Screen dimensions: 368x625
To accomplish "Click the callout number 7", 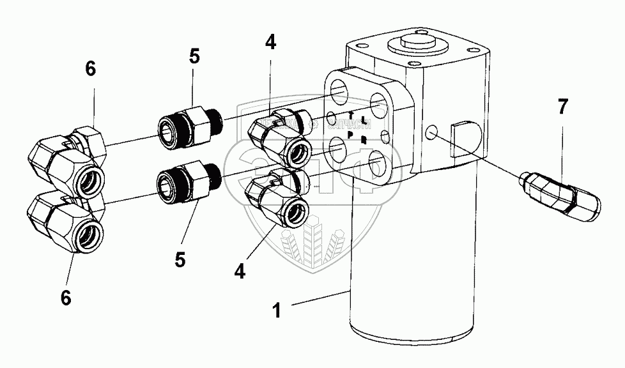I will coord(562,107).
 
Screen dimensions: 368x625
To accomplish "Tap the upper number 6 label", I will coord(91,70).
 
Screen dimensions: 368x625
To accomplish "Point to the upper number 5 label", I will coord(194,56).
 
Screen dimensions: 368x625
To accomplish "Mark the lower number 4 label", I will coord(239,272).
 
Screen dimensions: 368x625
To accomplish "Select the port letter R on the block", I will coord(363,140).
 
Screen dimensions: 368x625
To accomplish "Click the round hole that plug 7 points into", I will coord(432,132).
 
